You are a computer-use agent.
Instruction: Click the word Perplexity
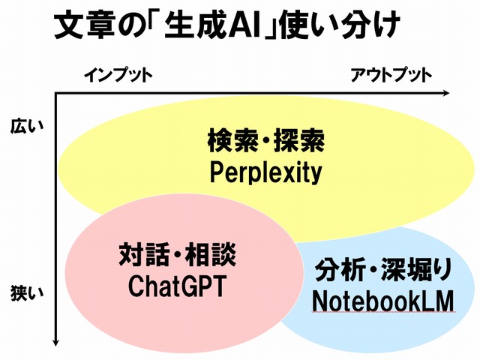click(x=265, y=173)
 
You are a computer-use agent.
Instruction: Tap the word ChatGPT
click(x=177, y=286)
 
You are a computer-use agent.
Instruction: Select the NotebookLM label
click(x=383, y=301)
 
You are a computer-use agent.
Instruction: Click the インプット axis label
click(x=118, y=75)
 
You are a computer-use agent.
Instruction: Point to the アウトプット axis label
click(x=391, y=75)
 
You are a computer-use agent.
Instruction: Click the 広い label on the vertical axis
click(x=27, y=126)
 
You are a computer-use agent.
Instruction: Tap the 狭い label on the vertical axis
click(x=27, y=293)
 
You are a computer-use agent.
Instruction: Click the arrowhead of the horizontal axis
click(x=446, y=93)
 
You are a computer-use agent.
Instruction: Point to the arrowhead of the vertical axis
click(x=55, y=342)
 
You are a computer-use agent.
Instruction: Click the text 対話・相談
click(x=178, y=255)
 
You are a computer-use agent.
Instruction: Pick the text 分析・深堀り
click(x=384, y=270)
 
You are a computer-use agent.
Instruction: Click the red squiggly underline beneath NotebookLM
click(x=383, y=312)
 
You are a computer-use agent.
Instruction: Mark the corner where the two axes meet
click(x=55, y=93)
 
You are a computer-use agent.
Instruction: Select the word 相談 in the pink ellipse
click(x=211, y=255)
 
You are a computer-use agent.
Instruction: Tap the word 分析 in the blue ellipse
click(x=340, y=270)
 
